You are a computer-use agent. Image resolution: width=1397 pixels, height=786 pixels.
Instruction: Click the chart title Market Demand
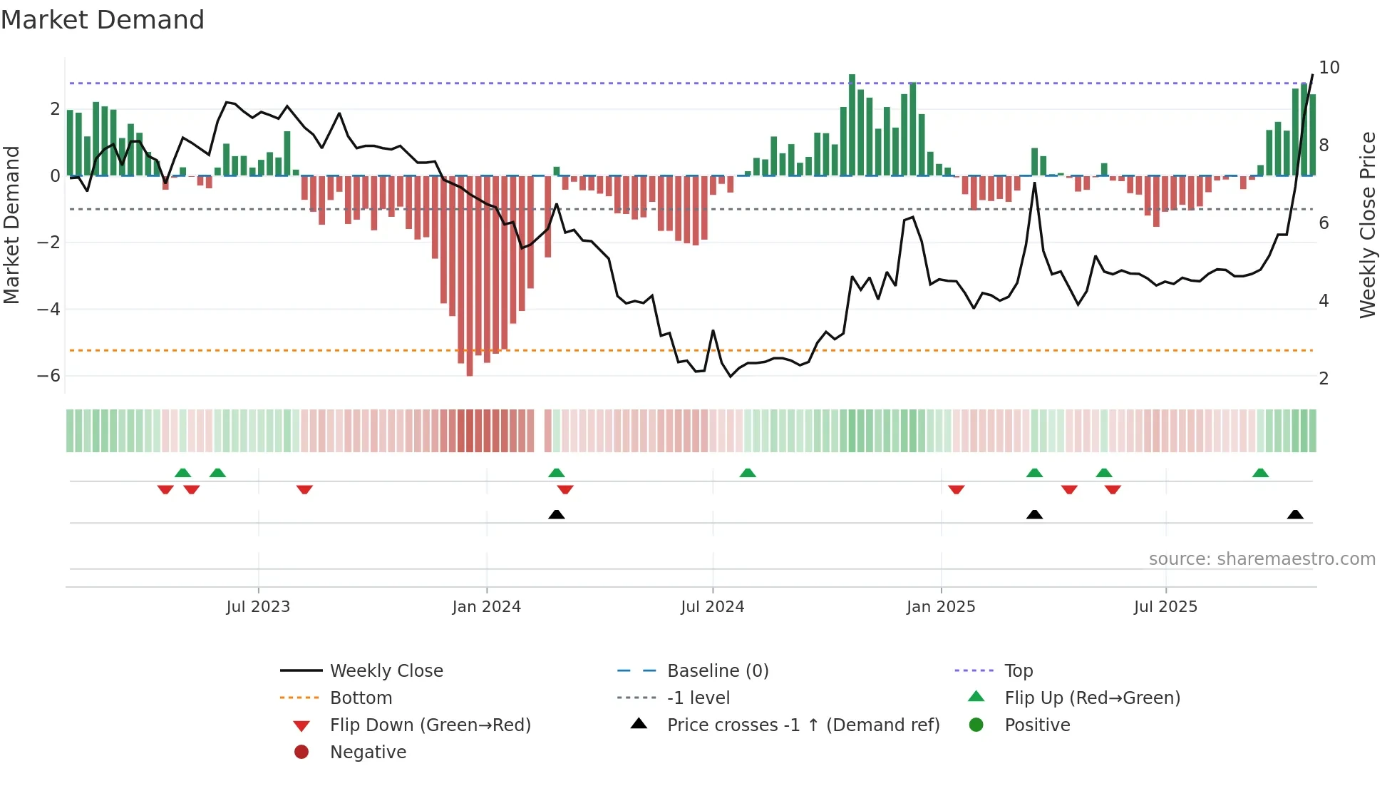point(103,20)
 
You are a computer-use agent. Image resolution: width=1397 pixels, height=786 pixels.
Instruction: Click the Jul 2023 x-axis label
point(258,607)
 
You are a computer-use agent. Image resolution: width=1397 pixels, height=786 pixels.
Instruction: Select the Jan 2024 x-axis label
point(487,607)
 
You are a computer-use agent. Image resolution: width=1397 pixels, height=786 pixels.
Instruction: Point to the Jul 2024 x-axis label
point(713,607)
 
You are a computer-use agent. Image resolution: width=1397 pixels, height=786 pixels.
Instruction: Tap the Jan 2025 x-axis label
point(941,607)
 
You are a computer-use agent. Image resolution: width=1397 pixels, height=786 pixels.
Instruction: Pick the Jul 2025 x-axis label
point(1166,607)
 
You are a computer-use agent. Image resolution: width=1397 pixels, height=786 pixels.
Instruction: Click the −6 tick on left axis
point(49,376)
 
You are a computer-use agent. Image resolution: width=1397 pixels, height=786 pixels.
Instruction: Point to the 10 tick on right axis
point(1329,68)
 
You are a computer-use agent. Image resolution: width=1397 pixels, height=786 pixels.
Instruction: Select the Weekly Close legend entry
point(386,671)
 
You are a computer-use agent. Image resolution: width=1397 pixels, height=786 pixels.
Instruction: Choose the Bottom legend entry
point(361,698)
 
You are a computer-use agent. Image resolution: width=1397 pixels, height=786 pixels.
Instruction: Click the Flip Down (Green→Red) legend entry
point(430,725)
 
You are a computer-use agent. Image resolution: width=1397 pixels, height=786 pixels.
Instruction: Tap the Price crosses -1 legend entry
point(803,725)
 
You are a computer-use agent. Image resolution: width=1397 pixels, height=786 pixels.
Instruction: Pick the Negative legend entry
point(368,752)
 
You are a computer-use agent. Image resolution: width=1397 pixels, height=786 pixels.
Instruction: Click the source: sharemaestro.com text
point(1262,559)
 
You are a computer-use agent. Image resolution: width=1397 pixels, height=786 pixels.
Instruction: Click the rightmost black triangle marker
point(1295,515)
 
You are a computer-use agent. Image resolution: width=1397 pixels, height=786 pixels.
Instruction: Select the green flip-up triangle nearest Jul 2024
point(748,473)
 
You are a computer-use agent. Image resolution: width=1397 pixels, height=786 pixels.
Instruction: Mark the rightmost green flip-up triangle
point(1260,473)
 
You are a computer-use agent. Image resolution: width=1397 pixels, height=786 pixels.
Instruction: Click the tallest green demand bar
point(852,125)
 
